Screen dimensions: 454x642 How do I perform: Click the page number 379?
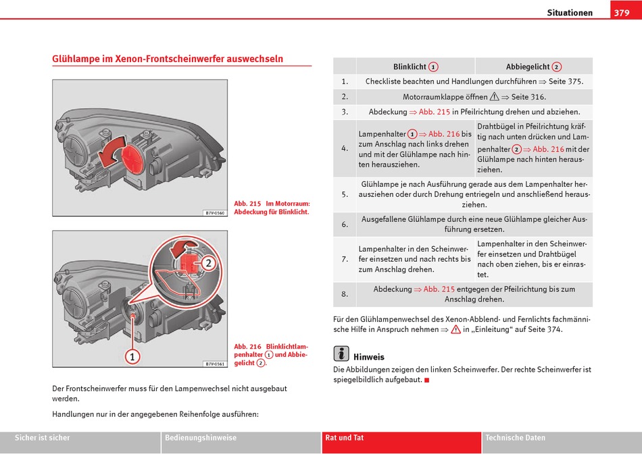(x=622, y=13)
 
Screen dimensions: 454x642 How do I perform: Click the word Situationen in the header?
(x=570, y=13)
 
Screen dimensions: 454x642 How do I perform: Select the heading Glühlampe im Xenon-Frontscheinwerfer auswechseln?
(x=168, y=59)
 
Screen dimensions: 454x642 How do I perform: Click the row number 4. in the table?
(x=345, y=148)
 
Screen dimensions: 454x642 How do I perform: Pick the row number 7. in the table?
(x=345, y=259)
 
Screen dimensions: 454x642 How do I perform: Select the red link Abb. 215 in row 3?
(x=434, y=112)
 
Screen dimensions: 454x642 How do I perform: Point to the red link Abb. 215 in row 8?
(x=439, y=289)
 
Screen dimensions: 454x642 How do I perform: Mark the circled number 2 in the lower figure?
(x=208, y=263)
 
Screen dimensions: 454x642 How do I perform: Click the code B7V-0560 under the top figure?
(x=214, y=213)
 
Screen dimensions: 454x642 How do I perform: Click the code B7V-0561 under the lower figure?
(x=214, y=364)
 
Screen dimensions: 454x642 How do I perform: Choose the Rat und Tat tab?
(x=345, y=438)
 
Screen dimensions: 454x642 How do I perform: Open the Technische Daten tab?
(x=515, y=438)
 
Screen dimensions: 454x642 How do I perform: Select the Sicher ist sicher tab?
(x=43, y=438)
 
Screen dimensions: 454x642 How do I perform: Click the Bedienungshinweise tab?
(x=201, y=438)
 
